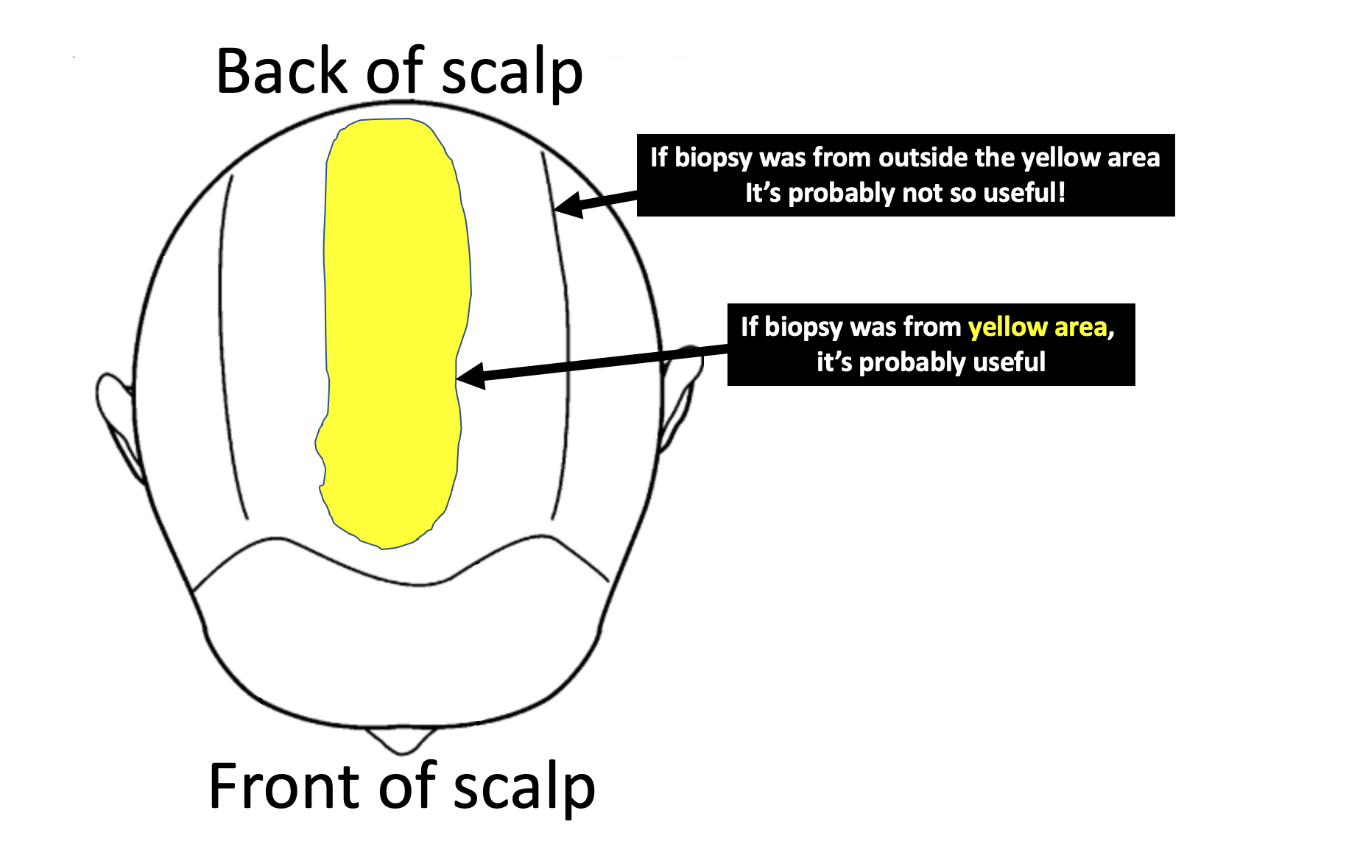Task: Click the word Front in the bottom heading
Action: (286, 787)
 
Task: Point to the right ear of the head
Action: (681, 398)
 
